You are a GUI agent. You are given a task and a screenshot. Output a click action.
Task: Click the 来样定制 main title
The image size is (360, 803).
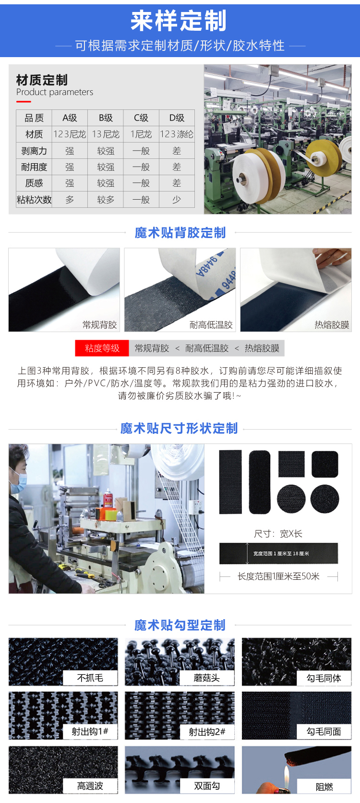179,21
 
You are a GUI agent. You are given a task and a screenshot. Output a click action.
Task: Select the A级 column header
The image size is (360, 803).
70,118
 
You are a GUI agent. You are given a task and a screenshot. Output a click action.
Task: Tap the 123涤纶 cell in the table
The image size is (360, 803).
177,134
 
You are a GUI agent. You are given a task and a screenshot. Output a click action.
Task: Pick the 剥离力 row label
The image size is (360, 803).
34,151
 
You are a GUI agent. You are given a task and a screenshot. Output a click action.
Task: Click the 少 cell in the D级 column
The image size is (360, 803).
177,199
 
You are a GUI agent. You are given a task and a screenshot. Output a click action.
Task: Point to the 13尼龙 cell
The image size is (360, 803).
106,134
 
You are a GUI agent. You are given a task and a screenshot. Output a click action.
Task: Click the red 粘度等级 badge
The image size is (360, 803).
102,348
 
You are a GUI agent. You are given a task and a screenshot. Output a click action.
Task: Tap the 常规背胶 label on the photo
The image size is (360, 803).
100,325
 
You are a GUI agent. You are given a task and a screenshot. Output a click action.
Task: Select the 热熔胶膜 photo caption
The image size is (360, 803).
332,325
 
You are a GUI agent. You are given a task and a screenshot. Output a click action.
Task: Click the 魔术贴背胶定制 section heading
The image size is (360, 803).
180,233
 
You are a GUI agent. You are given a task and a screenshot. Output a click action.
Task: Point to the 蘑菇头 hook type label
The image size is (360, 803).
206,678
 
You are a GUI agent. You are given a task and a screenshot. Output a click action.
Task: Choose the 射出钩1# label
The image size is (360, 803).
90,731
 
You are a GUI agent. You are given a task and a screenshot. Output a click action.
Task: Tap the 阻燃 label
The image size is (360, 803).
324,787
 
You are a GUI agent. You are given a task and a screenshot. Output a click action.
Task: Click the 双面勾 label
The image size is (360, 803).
207,786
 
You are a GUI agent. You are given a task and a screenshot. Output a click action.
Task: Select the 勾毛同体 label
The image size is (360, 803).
324,678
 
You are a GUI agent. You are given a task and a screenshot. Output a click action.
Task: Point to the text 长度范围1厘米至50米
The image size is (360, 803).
278,576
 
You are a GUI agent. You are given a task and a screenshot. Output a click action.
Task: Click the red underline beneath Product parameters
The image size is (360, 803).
24,102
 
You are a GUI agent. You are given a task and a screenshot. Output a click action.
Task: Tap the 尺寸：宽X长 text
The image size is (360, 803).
278,534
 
